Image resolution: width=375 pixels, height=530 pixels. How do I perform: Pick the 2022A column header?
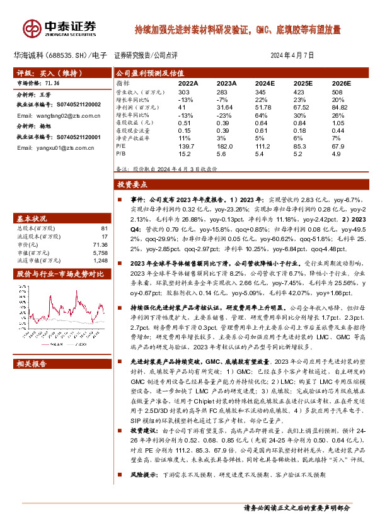(188, 82)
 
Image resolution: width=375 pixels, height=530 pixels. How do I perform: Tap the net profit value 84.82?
(340, 108)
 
